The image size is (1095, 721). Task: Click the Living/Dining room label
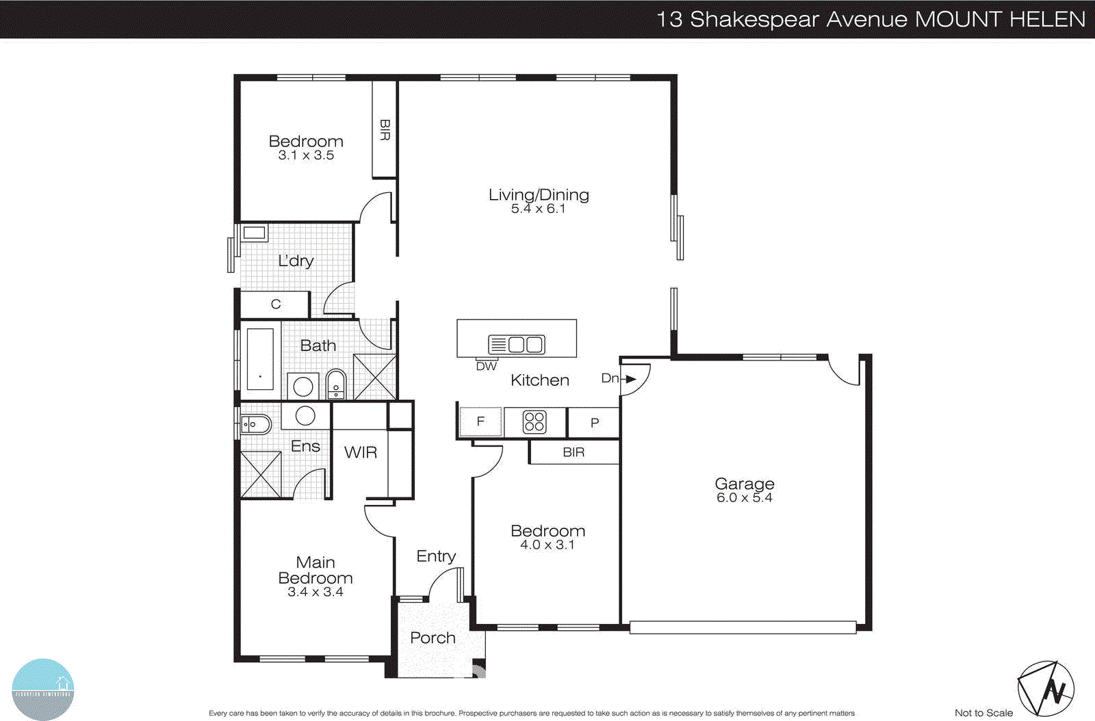539,195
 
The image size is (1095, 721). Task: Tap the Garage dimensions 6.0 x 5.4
744,498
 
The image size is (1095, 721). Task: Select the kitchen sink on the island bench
517,344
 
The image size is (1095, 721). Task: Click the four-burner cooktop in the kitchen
534,422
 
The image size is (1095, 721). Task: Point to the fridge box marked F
480,421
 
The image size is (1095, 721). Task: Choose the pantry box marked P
594,423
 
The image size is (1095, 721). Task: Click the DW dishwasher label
486,367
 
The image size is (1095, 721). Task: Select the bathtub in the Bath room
259,358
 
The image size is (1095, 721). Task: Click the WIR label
360,452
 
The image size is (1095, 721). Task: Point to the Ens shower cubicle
261,474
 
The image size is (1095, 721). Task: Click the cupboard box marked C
275,304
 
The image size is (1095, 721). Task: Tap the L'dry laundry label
296,261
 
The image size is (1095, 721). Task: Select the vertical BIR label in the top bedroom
385,130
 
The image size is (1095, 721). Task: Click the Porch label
433,638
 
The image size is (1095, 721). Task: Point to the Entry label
436,556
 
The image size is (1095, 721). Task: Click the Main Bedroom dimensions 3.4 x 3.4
315,592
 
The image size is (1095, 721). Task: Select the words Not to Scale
983,713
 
